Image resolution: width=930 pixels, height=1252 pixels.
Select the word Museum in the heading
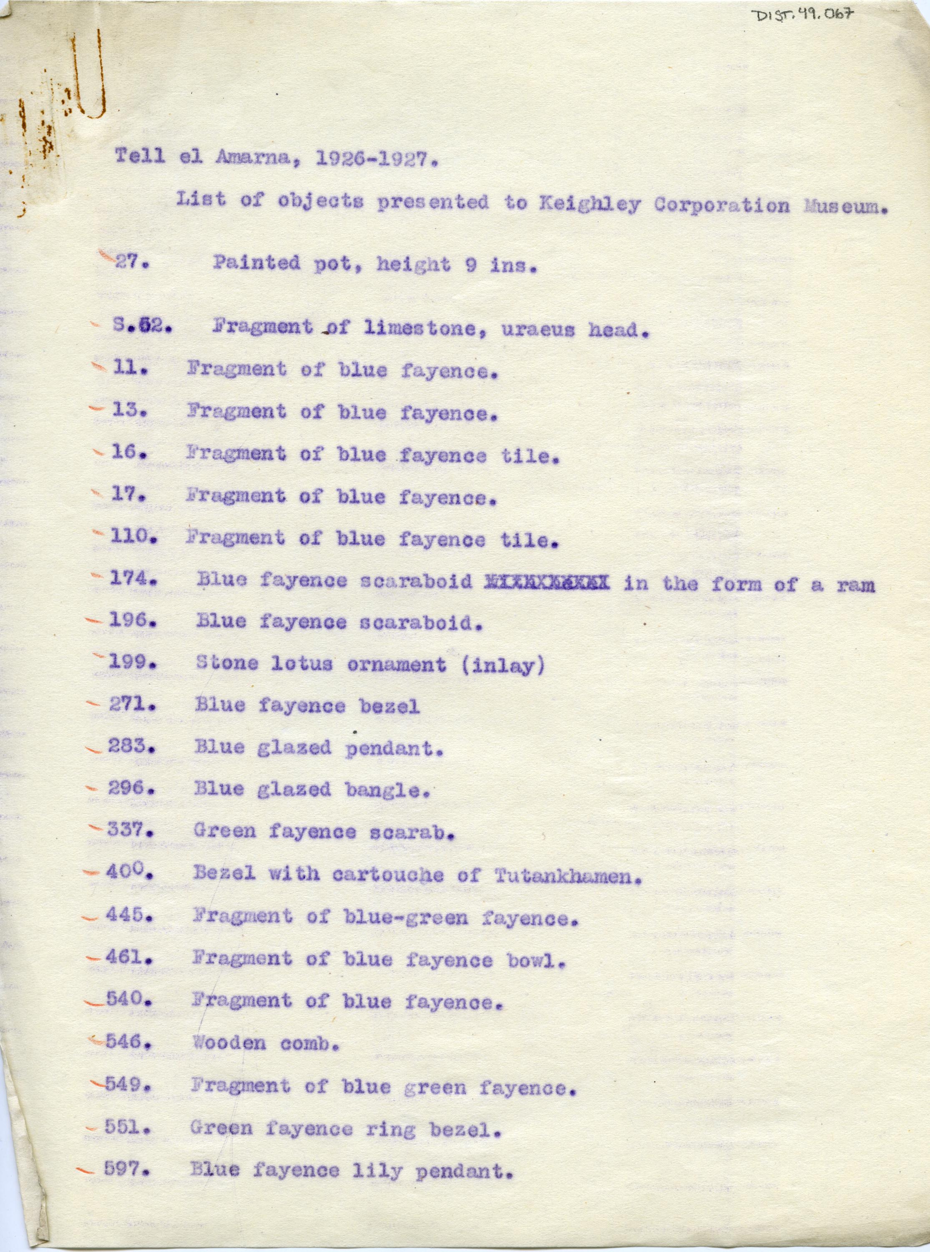coord(845,206)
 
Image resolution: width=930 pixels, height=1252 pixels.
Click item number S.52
coord(142,327)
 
